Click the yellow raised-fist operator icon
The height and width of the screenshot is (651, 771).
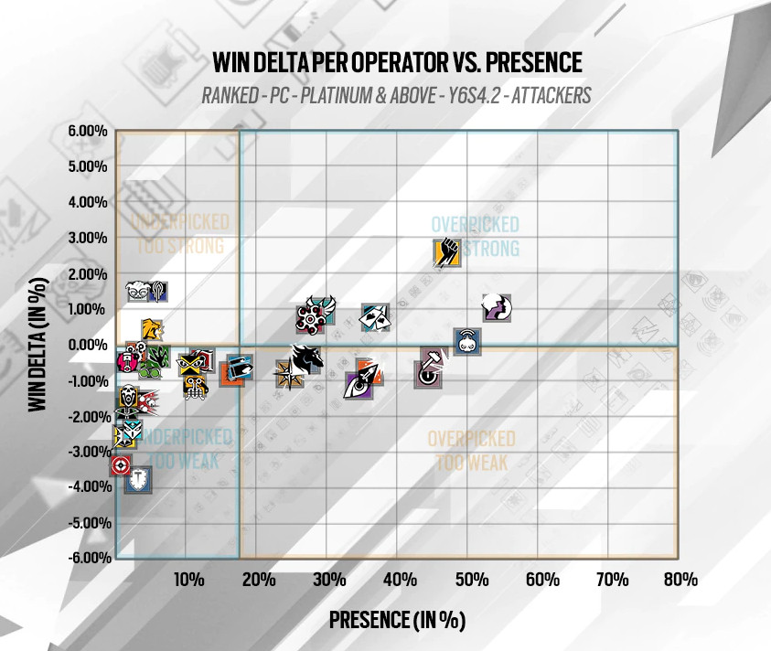(x=447, y=253)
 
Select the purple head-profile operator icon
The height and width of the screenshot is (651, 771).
(x=498, y=309)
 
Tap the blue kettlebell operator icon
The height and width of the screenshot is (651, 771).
(x=467, y=342)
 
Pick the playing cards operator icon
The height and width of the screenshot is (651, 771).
(x=376, y=316)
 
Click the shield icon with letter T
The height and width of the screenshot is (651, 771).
(x=138, y=479)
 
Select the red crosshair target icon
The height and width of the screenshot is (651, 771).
(x=120, y=466)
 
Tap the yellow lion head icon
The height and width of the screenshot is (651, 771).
(x=152, y=329)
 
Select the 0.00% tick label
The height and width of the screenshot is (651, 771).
(x=88, y=345)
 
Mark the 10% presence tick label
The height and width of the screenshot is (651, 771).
(x=187, y=580)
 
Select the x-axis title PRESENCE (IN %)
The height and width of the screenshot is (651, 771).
(x=398, y=620)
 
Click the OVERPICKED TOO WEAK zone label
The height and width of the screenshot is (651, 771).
(x=471, y=451)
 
